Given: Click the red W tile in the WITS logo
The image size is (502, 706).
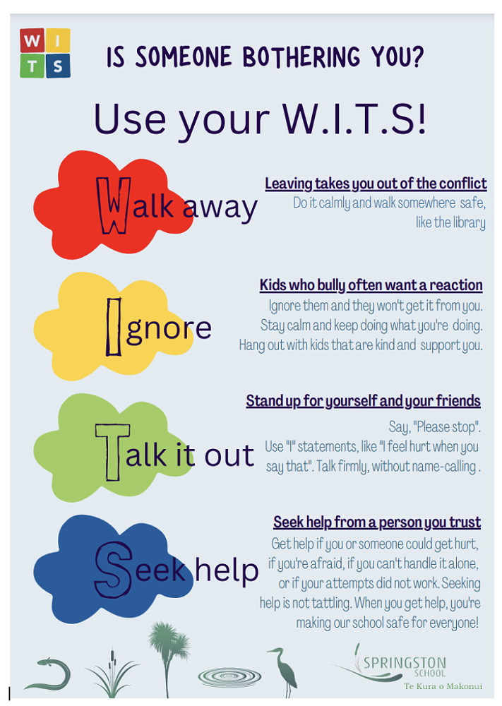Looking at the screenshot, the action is coord(32,40).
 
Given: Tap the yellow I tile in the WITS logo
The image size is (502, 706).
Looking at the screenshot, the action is coord(58,40).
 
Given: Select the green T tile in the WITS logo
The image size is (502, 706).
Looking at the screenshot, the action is coord(32,66).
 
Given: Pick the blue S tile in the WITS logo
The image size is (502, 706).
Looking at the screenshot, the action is coord(58,66).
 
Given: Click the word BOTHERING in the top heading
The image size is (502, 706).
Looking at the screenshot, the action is coord(301,57).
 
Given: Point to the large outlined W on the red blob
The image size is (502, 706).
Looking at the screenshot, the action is coord(114,205).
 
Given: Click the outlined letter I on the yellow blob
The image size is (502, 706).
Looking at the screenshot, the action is coord(114,327).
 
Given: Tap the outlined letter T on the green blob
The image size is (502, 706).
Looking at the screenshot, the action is coord(112,452).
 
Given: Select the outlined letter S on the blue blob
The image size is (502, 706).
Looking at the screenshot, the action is coord(114,570).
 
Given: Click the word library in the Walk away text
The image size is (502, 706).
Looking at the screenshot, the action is coord(465,222).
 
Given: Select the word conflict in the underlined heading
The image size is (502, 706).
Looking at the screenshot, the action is coord(463,184).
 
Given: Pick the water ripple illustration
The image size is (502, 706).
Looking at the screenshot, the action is coord(229,676).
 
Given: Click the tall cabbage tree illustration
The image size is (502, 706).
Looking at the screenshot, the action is coord(168,658).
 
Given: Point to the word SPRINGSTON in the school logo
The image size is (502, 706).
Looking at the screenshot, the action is coord(405,663).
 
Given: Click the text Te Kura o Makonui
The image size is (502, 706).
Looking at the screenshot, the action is coord(443,686).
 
